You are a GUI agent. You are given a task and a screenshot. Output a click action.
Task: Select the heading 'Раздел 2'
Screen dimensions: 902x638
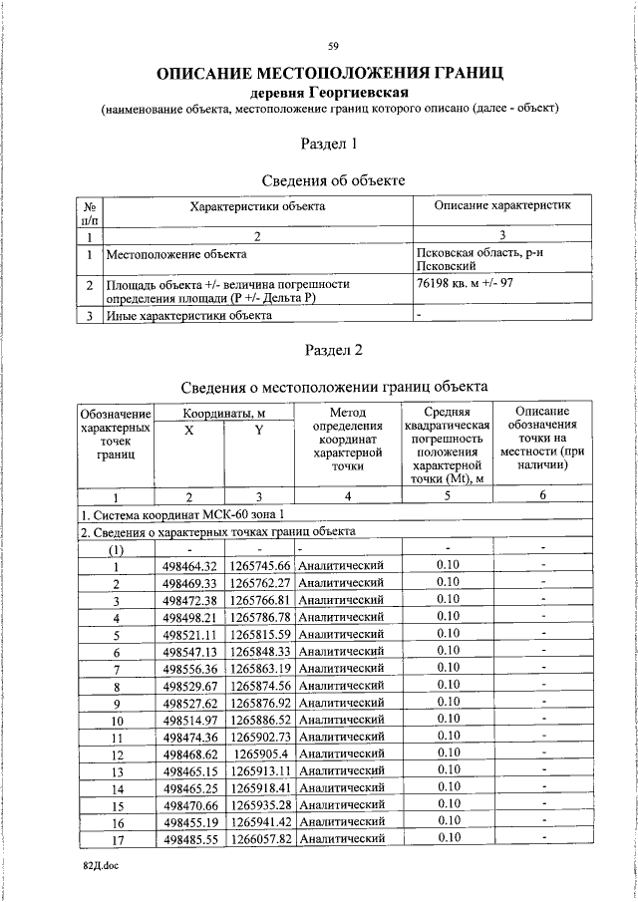click(330, 350)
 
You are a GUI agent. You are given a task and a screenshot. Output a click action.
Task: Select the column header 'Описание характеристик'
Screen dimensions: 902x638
click(501, 205)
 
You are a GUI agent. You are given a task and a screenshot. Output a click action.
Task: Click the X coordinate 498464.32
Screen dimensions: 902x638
click(188, 566)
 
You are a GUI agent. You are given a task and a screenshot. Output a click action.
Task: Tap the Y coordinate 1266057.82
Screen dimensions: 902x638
click(259, 838)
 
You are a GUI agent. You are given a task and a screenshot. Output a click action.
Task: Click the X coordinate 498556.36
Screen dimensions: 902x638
click(188, 668)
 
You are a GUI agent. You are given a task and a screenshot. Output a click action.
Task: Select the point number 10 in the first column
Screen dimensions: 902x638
click(116, 720)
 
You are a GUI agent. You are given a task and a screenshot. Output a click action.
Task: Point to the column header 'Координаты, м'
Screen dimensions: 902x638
click(223, 412)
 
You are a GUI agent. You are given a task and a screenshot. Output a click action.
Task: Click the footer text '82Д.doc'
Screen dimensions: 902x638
click(101, 867)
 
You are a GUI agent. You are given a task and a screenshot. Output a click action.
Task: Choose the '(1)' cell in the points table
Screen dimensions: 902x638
click(116, 548)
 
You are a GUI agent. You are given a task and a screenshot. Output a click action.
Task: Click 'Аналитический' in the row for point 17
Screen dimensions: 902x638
click(341, 838)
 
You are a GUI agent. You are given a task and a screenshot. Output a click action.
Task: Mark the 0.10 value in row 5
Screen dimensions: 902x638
click(448, 634)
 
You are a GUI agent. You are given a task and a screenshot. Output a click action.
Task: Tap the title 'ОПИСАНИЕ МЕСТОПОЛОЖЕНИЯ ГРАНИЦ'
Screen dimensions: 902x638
click(329, 73)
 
